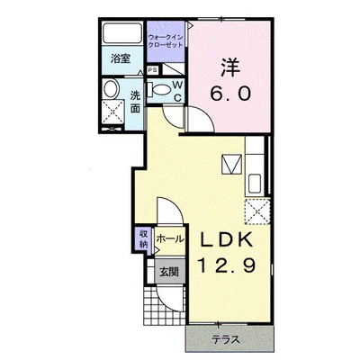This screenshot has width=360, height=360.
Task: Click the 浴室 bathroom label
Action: pyautogui.click(x=121, y=58)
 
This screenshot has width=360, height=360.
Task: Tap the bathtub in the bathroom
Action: pyautogui.click(x=122, y=33)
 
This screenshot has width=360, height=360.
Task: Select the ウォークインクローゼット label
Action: pyautogui.click(x=166, y=41)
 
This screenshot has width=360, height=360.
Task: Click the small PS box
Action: pyautogui.click(x=153, y=70)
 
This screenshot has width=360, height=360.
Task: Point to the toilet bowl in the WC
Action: pyautogui.click(x=161, y=89)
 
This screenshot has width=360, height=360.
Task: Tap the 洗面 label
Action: pyautogui.click(x=135, y=102)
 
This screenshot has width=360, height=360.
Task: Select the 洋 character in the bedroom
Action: pyautogui.click(x=230, y=67)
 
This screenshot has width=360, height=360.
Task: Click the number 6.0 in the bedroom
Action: pyautogui.click(x=230, y=93)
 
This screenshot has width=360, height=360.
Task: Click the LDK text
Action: pyautogui.click(x=226, y=240)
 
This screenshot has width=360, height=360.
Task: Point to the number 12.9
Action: pyautogui.click(x=227, y=265)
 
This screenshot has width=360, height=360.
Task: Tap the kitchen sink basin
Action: pyautogui.click(x=255, y=184)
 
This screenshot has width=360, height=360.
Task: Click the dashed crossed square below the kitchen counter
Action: pyautogui.click(x=257, y=211)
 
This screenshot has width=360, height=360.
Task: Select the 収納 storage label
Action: pyautogui.click(x=144, y=239)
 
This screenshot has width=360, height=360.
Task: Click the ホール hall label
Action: pyautogui.click(x=169, y=238)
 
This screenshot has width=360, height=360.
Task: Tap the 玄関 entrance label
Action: pyautogui.click(x=169, y=272)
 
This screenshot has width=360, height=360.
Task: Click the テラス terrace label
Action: pyautogui.click(x=226, y=340)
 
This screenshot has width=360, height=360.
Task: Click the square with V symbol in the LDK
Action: pyautogui.click(x=232, y=164)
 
